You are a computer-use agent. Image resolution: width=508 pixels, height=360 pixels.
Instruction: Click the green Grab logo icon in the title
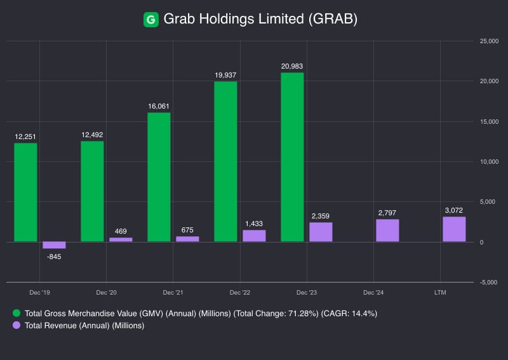coord(150,20)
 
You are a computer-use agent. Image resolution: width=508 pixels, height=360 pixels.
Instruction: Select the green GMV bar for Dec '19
coord(25,192)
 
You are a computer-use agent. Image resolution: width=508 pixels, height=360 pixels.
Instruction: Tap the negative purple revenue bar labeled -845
coord(54,245)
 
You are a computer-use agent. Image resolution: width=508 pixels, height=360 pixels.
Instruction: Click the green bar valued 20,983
coord(292,157)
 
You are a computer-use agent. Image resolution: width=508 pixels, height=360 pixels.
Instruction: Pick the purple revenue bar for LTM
coord(454,229)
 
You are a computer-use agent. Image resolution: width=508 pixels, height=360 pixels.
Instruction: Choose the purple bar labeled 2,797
coord(387,230)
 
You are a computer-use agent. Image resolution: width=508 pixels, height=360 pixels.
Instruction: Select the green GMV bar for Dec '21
coord(159,177)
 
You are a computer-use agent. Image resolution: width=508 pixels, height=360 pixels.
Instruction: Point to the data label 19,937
coord(225,75)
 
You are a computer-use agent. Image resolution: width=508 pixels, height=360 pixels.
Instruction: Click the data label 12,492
coord(92,135)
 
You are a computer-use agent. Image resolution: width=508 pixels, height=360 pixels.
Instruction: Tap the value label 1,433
coord(254,223)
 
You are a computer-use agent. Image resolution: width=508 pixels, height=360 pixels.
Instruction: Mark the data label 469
coord(121,231)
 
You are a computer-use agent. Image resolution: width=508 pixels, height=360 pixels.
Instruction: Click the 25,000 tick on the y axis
coord(489,41)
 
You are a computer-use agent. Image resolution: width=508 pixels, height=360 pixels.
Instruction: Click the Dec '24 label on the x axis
coord(373,293)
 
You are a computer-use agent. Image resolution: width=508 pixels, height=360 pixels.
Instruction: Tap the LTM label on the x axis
coord(440,293)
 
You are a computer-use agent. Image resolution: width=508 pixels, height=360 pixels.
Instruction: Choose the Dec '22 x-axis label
coord(239,293)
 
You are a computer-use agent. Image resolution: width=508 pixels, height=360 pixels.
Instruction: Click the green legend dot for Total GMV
coord(17,314)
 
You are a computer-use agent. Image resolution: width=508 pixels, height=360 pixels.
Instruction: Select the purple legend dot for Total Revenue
coord(17,326)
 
